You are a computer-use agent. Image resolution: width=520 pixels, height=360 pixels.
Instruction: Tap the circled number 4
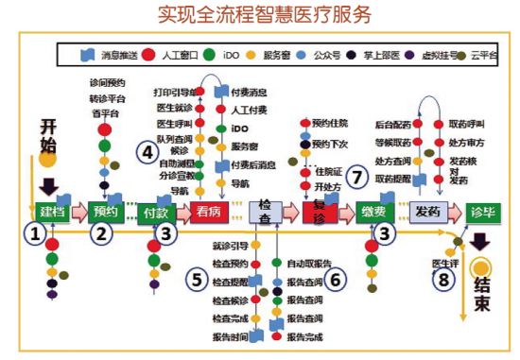(147, 149)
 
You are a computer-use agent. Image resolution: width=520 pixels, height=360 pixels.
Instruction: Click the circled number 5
(196, 281)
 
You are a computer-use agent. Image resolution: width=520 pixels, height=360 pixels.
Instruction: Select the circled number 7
(356, 176)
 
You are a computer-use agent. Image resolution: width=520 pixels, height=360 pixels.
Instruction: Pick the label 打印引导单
(174, 93)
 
